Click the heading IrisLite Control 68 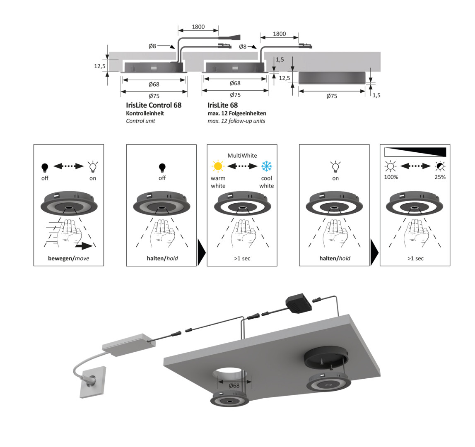154,105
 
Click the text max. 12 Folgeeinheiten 236,113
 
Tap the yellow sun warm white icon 218,166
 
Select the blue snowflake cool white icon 267,166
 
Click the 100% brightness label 391,177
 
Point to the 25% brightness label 440,177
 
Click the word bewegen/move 68,258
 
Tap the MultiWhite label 242,156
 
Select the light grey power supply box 129,344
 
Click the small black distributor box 299,303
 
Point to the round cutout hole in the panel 229,376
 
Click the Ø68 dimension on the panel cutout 234,385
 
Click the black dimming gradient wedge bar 415,151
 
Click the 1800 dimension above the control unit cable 198,26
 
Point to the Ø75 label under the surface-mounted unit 332,96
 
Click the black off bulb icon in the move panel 45,168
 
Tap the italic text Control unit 140,121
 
